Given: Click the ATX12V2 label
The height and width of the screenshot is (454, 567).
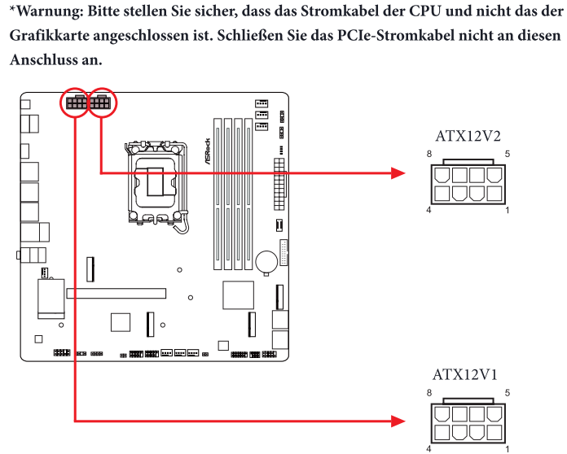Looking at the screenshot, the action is (468, 136).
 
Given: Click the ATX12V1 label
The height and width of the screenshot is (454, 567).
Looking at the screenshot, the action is (464, 374).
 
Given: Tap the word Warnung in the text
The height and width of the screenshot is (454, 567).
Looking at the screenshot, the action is (50, 11).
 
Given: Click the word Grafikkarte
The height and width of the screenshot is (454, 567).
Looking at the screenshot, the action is (49, 36).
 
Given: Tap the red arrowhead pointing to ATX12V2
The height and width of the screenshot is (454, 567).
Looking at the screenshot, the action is (398, 173).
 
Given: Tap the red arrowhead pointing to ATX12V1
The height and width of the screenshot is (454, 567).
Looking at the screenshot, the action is (398, 421).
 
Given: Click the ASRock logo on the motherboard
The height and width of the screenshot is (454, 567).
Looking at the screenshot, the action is (208, 151).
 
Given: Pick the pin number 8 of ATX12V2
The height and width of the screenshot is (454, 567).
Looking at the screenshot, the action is (429, 155).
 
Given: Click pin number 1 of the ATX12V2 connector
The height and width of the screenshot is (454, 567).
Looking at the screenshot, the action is (508, 210).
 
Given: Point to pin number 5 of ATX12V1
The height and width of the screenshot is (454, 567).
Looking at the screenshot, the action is (508, 393).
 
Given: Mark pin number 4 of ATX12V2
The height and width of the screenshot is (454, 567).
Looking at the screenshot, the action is (429, 210).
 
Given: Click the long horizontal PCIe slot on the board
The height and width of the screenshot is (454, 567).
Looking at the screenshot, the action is (116, 293).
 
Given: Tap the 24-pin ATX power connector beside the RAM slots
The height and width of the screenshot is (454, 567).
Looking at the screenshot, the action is (279, 184).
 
